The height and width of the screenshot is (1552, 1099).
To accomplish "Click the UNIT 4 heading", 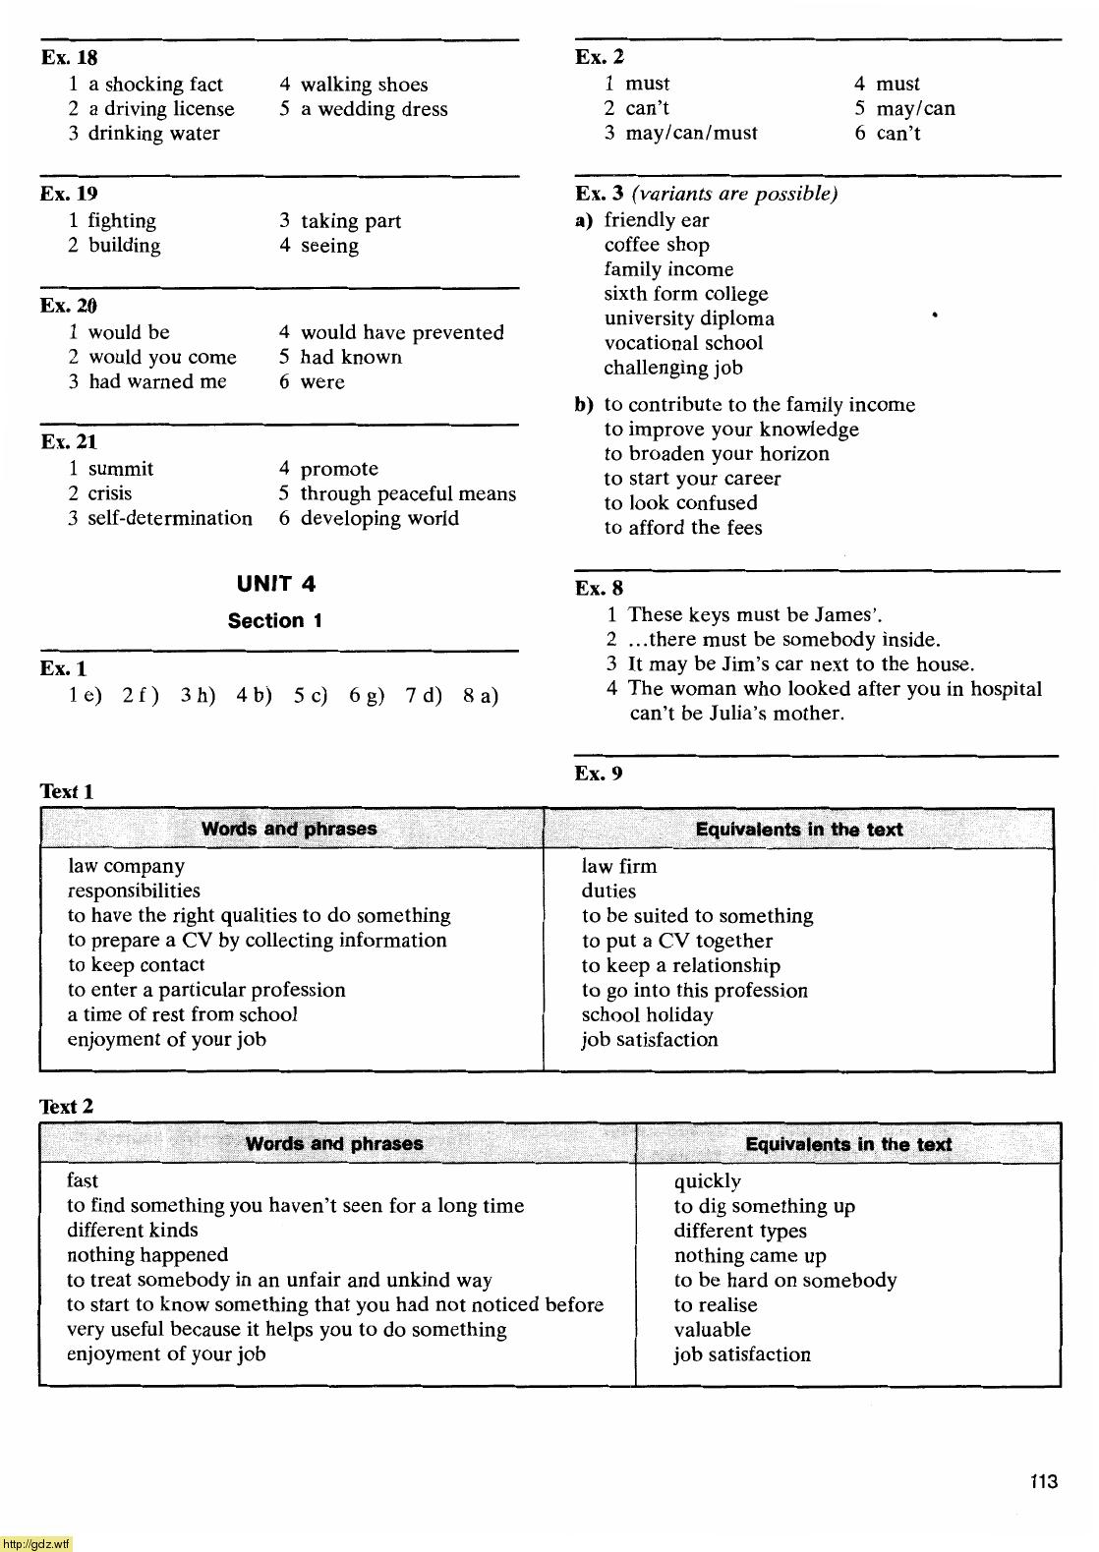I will click(276, 584).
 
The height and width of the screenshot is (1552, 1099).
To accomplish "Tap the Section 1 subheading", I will click(275, 621).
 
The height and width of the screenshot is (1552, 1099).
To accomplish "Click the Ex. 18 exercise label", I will click(69, 58).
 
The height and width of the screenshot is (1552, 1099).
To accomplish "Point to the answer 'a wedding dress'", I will click(374, 109).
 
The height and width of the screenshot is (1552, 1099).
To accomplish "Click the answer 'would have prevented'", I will click(402, 333).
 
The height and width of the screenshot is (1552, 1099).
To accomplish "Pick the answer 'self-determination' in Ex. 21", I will click(170, 519).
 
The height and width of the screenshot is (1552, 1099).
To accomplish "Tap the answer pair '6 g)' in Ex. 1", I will click(367, 697).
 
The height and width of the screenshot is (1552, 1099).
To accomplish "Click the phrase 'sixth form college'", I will click(686, 294).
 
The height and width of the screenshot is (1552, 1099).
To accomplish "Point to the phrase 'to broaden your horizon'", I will click(717, 454).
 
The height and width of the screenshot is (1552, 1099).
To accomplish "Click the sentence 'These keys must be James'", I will click(754, 615).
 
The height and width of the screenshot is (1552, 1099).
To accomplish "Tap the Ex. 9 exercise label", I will click(599, 774).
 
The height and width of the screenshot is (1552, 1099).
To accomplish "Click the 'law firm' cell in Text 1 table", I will click(619, 867).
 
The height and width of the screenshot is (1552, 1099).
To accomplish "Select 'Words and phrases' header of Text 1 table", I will click(289, 829).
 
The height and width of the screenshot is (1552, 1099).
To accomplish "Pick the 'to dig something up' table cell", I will click(764, 1206).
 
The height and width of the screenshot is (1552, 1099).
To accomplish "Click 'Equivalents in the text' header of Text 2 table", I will click(848, 1144).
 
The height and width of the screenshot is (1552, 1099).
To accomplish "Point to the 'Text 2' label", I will click(67, 1107).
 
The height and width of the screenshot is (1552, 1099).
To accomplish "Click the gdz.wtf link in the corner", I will click(35, 1544).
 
